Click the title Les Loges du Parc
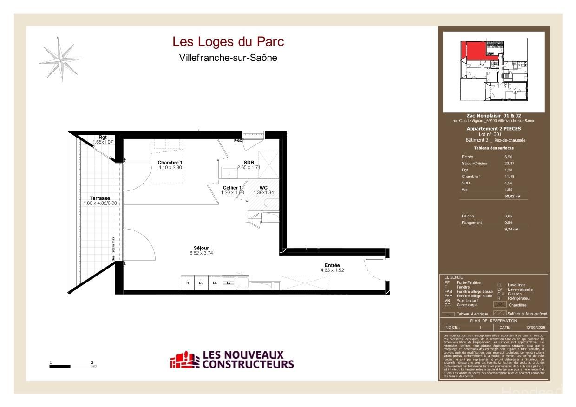pyautogui.click(x=228, y=42)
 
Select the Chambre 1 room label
pyautogui.click(x=170, y=162)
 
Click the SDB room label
pyautogui.click(x=249, y=162)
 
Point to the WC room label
pyautogui.click(x=263, y=187)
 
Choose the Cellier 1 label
pyautogui.click(x=232, y=187)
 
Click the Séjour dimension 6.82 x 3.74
pyautogui.click(x=201, y=253)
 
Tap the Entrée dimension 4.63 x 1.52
pyautogui.click(x=332, y=270)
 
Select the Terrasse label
pyautogui.click(x=100, y=198)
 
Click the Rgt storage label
pyautogui.click(x=103, y=137)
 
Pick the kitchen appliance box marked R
pyautogui.click(x=188, y=282)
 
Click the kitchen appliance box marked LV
pyautogui.click(x=229, y=282)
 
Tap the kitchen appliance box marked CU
pyautogui.click(x=201, y=282)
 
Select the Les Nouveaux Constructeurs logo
pyautogui.click(x=232, y=360)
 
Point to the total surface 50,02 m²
pyautogui.click(x=512, y=197)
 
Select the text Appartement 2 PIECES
pyautogui.click(x=493, y=128)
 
